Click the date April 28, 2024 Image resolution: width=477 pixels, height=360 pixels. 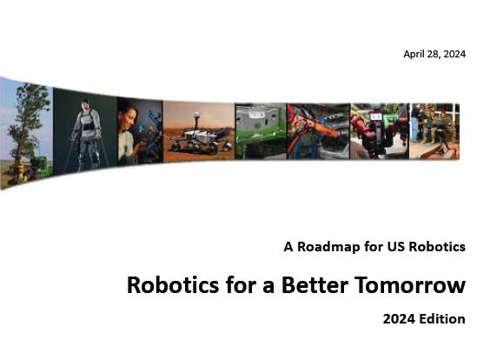pos(434,54)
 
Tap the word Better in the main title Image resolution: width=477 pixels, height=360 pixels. pos(315,285)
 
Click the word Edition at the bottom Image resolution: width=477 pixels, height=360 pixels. pos(442,319)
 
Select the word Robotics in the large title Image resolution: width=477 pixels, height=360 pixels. pos(173,285)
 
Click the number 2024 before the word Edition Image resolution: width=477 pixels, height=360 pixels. pos(399,319)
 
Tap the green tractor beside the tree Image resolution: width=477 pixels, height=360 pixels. pos(41,166)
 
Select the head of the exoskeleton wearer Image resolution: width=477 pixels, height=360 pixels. pos(85,104)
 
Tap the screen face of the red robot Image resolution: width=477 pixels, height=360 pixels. pos(376,117)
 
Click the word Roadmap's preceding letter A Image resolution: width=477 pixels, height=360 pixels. pos(288,247)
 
